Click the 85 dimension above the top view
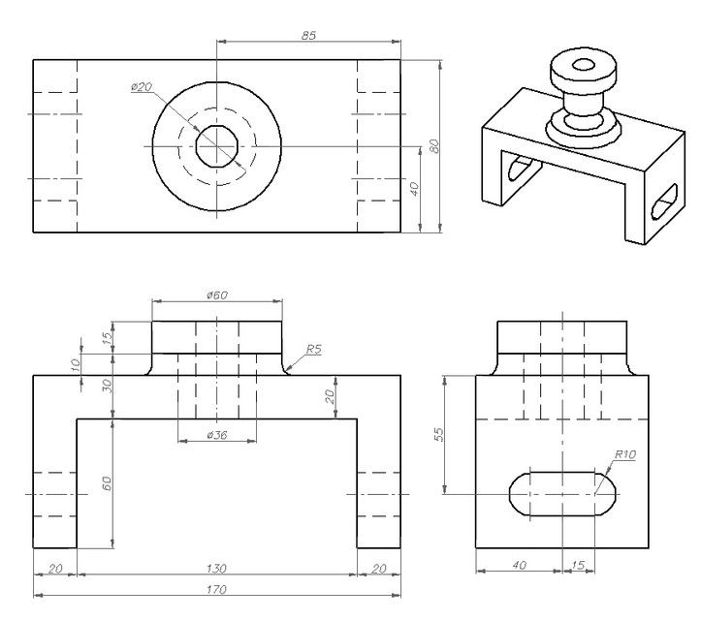click(x=308, y=35)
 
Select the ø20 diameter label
click(x=142, y=87)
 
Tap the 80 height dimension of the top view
click(x=435, y=145)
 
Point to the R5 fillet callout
click(x=313, y=348)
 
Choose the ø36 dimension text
click(x=217, y=436)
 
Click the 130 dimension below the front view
click(x=217, y=568)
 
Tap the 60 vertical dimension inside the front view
click(x=108, y=482)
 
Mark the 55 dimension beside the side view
click(x=437, y=435)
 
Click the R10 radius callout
click(x=624, y=454)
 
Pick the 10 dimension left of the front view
click(x=77, y=363)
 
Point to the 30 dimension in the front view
click(x=108, y=385)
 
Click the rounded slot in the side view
click(x=562, y=493)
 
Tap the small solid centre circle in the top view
click(x=217, y=147)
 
